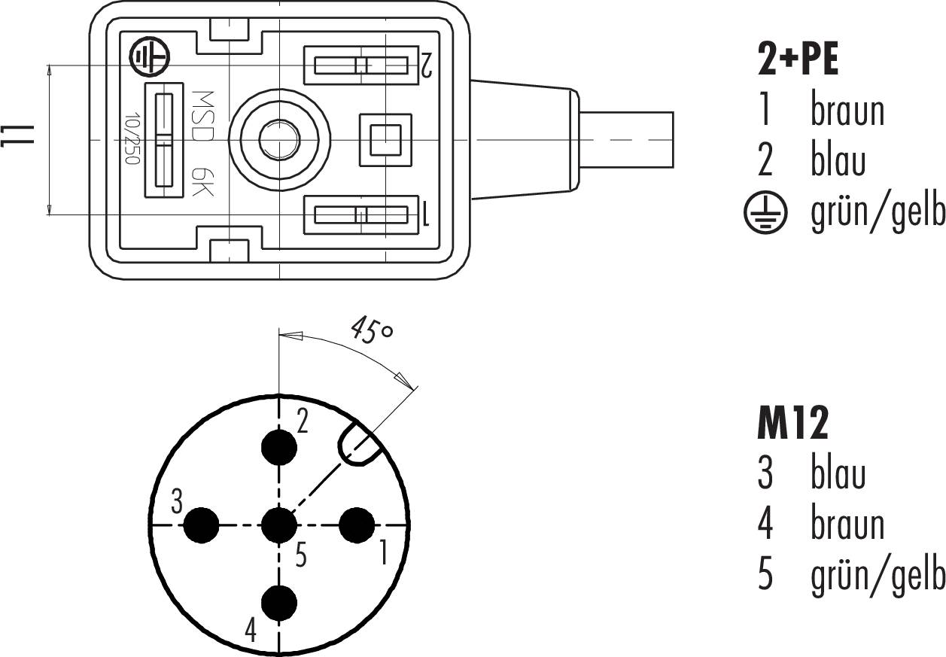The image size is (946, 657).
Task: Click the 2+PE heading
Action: click(798, 60)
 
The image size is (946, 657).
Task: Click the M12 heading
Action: click(792, 425)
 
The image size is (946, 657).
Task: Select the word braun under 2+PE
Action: click(847, 111)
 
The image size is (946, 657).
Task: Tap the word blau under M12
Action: click(838, 474)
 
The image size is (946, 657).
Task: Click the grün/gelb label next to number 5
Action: click(878, 576)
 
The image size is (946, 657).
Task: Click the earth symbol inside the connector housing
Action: click(150, 57)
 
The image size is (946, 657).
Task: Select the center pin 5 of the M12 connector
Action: click(279, 525)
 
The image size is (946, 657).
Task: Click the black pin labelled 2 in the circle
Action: click(279, 448)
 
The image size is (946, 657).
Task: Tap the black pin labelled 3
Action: click(202, 525)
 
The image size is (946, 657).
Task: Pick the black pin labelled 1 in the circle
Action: click(357, 525)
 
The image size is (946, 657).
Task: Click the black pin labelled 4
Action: click(279, 602)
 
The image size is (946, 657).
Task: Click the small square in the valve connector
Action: click(385, 139)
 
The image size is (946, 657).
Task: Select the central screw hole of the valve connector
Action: click(279, 139)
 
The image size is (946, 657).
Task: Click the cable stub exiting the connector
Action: click(626, 139)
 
